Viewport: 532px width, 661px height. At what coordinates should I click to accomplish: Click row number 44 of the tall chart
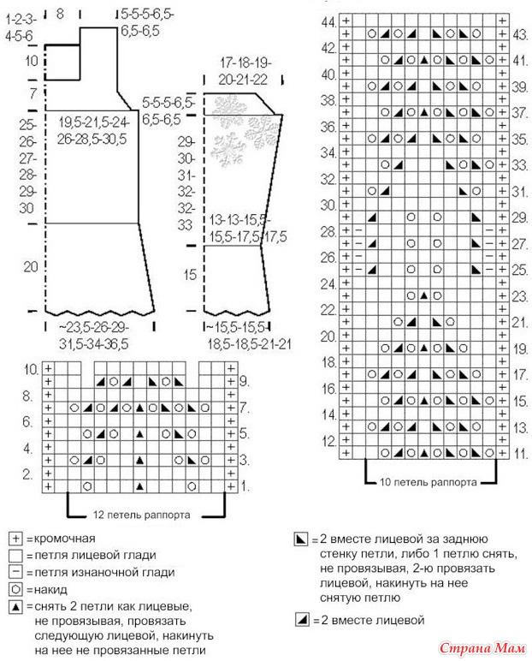coord(328,21)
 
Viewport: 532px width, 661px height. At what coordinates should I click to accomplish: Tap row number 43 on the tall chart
coord(520,35)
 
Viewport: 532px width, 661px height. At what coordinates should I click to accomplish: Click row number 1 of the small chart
coord(245,485)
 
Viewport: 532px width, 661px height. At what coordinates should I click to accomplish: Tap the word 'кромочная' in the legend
coord(62,539)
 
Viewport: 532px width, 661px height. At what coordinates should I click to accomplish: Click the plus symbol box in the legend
coord(15,539)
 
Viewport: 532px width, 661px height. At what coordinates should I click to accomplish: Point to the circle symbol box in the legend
coord(15,589)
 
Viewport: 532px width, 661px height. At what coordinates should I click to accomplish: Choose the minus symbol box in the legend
coord(15,572)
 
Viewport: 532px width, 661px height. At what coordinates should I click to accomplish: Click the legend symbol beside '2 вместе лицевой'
coord(300,619)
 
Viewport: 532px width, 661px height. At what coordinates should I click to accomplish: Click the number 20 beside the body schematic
coord(30,267)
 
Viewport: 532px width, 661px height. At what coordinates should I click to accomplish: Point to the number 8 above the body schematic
coord(60,14)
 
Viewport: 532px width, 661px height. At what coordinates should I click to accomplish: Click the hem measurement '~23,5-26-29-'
coord(93,327)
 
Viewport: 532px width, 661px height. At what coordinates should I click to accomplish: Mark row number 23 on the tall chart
coord(520,296)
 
